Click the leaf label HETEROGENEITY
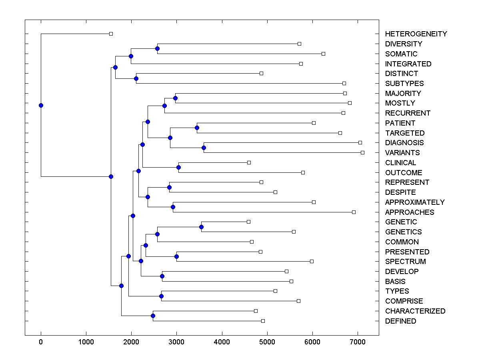click(416, 34)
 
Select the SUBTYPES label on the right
click(404, 84)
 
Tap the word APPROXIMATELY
click(415, 202)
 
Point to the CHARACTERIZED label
click(415, 311)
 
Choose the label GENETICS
click(403, 232)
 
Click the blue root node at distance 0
click(41, 105)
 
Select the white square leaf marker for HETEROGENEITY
click(111, 34)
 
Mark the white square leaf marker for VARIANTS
click(363, 152)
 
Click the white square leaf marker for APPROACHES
click(354, 212)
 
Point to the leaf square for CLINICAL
click(249, 162)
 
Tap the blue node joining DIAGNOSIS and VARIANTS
click(204, 148)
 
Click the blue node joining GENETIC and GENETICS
click(201, 227)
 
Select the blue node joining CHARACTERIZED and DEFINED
click(153, 316)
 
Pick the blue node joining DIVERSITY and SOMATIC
click(157, 49)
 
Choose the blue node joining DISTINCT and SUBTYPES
click(136, 78)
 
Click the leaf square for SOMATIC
click(324, 54)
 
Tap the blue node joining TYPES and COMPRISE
click(161, 296)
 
